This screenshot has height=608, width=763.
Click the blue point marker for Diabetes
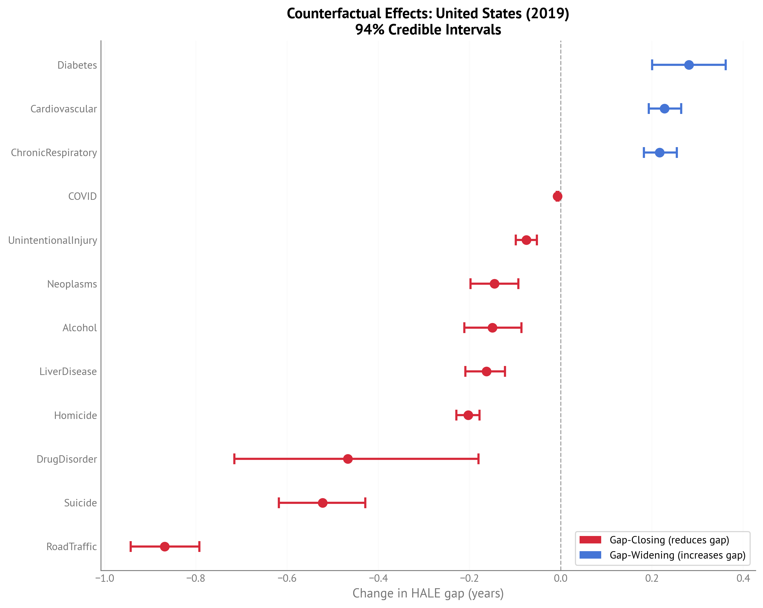689,65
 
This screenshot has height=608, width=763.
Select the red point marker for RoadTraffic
165,547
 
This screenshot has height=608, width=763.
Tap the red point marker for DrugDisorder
348,459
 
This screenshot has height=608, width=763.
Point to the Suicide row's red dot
322,503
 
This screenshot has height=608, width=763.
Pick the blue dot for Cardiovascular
665,109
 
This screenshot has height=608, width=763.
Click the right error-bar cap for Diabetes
725,65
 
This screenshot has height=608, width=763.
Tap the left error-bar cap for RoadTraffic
131,547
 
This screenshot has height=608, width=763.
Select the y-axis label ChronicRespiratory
54,153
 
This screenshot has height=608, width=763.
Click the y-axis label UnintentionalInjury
52,240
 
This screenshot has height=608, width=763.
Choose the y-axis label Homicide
75,415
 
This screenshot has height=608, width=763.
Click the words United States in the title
478,13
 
